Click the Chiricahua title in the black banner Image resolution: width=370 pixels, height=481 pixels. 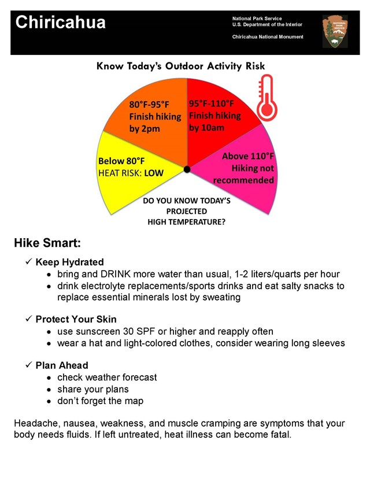pyautogui.click(x=60, y=23)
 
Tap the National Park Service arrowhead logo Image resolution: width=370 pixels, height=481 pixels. pyautogui.click(x=335, y=31)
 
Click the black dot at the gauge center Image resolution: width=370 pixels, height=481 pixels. pyautogui.click(x=187, y=169)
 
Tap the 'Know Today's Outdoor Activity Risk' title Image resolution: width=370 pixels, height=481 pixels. pyautogui.click(x=180, y=66)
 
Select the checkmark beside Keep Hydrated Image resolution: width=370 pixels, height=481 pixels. pyautogui.click(x=28, y=262)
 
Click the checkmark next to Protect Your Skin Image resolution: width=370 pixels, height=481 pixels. pyautogui.click(x=28, y=319)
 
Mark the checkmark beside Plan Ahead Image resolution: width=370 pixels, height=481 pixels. pyautogui.click(x=28, y=365)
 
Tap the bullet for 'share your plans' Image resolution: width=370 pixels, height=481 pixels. pyautogui.click(x=50, y=390)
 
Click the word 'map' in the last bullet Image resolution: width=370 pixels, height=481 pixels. pyautogui.click(x=134, y=401)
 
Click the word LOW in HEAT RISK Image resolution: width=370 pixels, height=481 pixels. pyautogui.click(x=153, y=173)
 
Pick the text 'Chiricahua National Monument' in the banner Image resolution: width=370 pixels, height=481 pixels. pyautogui.click(x=268, y=37)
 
